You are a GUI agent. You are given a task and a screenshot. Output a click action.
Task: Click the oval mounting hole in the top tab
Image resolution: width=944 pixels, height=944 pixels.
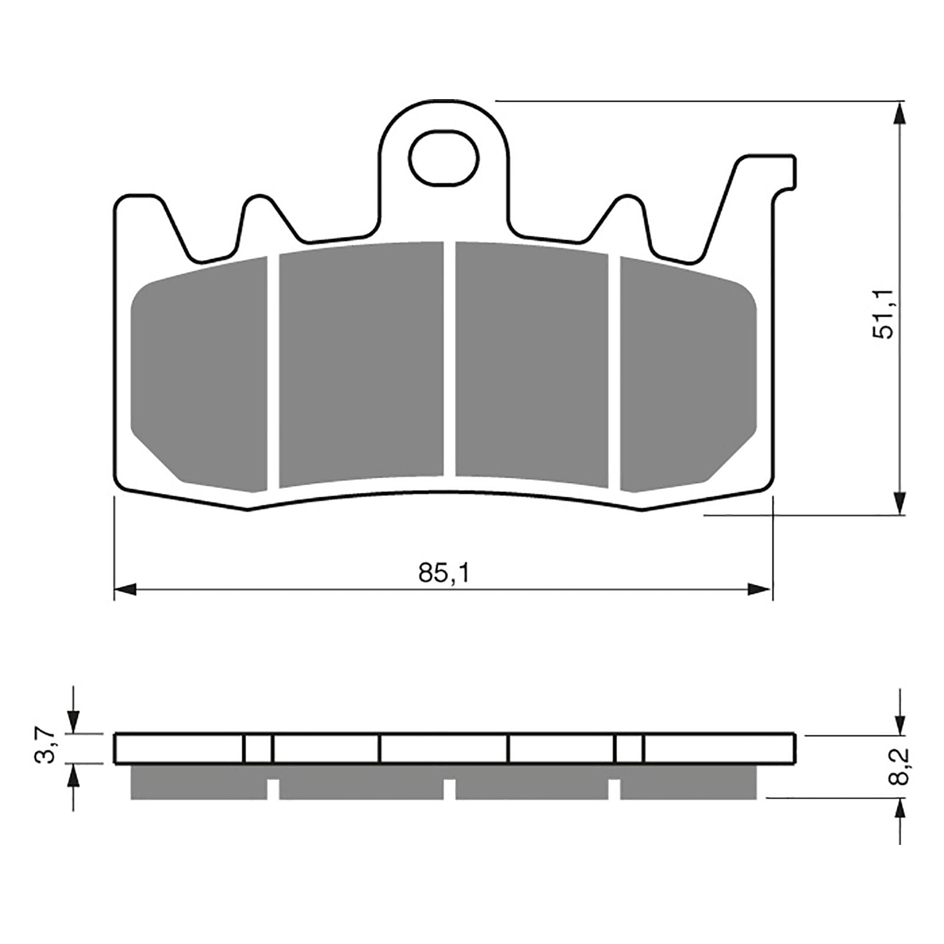(x=444, y=158)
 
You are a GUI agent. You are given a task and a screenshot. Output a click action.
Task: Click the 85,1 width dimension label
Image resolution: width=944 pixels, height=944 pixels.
(x=444, y=573)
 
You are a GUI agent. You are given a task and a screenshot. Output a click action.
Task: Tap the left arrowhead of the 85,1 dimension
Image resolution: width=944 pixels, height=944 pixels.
(x=125, y=589)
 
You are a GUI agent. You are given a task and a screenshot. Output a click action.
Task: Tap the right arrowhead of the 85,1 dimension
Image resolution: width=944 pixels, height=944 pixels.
(x=760, y=589)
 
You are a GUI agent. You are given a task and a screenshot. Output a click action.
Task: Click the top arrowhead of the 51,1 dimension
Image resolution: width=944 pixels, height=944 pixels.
(x=899, y=113)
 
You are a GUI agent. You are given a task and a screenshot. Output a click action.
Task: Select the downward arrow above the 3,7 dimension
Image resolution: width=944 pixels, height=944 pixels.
(x=73, y=720)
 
